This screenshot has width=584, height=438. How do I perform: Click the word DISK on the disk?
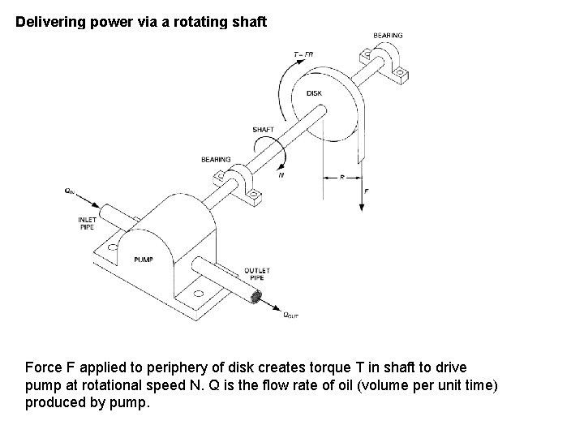[x=315, y=93]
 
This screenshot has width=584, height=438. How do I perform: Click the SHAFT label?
[x=263, y=130]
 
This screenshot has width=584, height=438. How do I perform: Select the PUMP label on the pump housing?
[x=143, y=260]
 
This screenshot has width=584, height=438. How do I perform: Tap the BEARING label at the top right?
[x=388, y=36]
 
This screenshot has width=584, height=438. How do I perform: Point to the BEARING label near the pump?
[x=216, y=160]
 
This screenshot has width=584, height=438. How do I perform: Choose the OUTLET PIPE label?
[x=257, y=274]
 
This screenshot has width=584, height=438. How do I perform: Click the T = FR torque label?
[x=303, y=54]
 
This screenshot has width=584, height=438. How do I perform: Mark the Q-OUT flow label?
[x=290, y=316]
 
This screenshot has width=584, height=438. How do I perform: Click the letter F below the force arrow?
[x=367, y=191]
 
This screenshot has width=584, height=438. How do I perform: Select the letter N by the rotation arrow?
[x=281, y=174]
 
